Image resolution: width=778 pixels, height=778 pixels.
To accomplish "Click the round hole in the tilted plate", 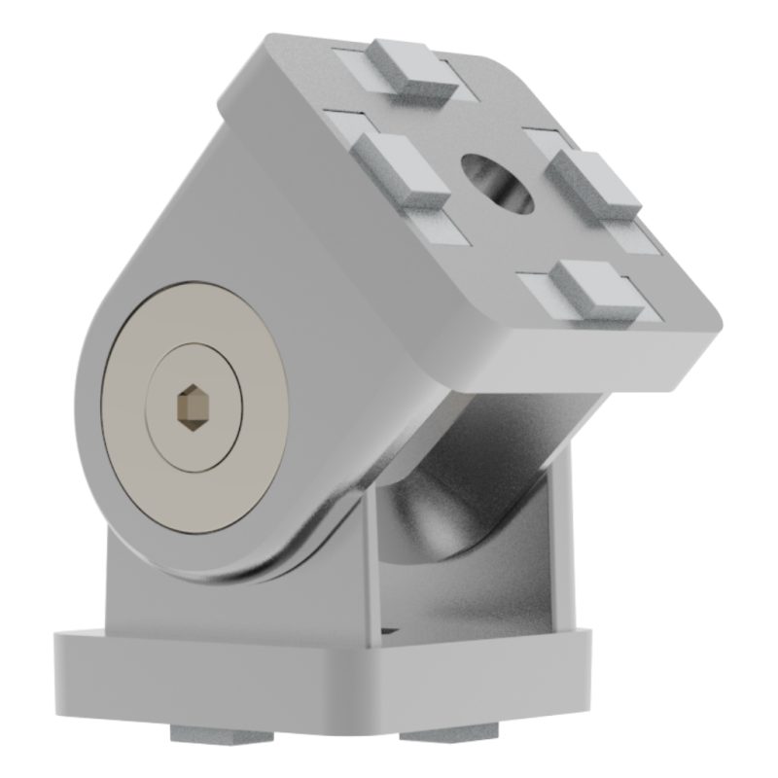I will click(497, 180).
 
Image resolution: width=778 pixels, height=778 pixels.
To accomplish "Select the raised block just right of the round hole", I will click(593, 181).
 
